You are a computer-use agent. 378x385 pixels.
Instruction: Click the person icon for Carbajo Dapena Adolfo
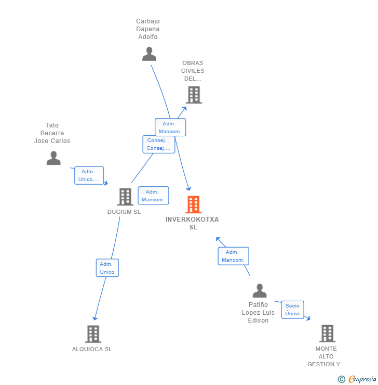149,54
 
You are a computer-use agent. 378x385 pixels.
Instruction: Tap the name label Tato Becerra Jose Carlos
52,133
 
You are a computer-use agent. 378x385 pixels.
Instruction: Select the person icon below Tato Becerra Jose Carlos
53,158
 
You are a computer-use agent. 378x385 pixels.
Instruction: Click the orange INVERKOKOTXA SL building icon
193,204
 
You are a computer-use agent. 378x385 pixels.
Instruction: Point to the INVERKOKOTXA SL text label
192,223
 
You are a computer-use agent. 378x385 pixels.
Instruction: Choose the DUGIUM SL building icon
125,197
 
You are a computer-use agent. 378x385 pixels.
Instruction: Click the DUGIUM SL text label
124,212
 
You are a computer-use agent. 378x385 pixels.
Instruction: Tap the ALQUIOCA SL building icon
93,334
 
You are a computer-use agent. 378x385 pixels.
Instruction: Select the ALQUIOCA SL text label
92,349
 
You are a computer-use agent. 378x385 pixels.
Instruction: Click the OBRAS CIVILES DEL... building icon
193,95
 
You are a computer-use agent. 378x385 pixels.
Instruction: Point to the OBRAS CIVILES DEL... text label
193,71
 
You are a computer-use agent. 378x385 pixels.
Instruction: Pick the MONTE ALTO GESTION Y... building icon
327,333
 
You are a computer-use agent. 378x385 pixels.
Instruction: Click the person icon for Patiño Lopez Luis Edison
259,291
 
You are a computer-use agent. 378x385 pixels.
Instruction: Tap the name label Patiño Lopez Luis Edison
258,312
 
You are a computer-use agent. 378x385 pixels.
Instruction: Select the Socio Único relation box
292,310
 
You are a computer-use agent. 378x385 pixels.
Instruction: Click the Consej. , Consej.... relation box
158,144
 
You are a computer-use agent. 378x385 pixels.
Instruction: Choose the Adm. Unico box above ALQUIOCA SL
107,268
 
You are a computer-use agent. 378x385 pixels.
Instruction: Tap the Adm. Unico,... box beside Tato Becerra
89,175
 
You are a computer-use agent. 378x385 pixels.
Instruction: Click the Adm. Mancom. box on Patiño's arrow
233,256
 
